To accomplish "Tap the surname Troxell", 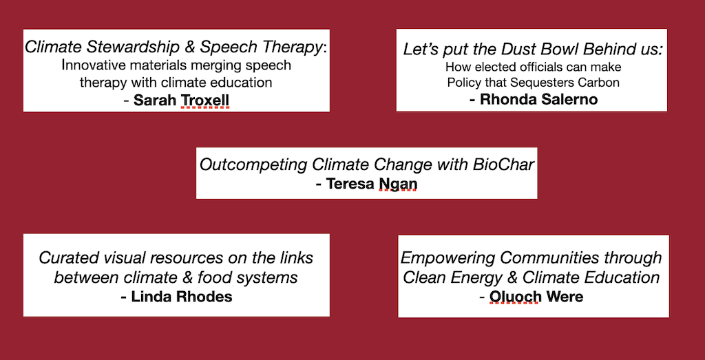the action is [x=204, y=100].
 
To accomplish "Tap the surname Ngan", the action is [x=398, y=184].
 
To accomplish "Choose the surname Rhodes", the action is [x=205, y=297].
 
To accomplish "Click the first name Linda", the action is [x=151, y=297].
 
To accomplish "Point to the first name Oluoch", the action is [x=514, y=297].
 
